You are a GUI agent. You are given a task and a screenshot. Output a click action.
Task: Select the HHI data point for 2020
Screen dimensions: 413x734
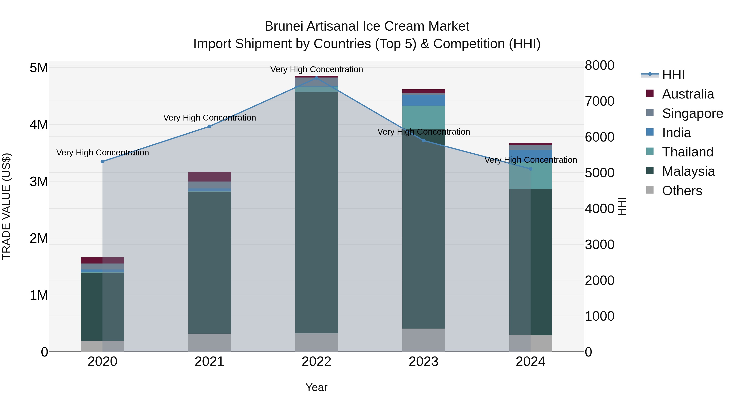(103, 162)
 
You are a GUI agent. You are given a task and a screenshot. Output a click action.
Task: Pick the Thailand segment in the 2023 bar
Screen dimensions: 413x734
(423, 117)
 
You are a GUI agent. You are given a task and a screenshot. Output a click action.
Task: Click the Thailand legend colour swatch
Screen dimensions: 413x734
(650, 151)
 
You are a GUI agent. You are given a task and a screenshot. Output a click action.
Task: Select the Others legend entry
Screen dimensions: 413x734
(682, 191)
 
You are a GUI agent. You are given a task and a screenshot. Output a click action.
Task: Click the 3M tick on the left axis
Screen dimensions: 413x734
(39, 182)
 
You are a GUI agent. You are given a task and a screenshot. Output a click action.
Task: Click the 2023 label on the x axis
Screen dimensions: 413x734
(423, 362)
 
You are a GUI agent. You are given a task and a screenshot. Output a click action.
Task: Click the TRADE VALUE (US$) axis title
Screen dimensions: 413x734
(6, 206)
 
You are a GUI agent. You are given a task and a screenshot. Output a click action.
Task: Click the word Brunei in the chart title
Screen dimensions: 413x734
(284, 27)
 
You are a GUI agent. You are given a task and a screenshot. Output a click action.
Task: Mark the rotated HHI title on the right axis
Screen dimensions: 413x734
(622, 206)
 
